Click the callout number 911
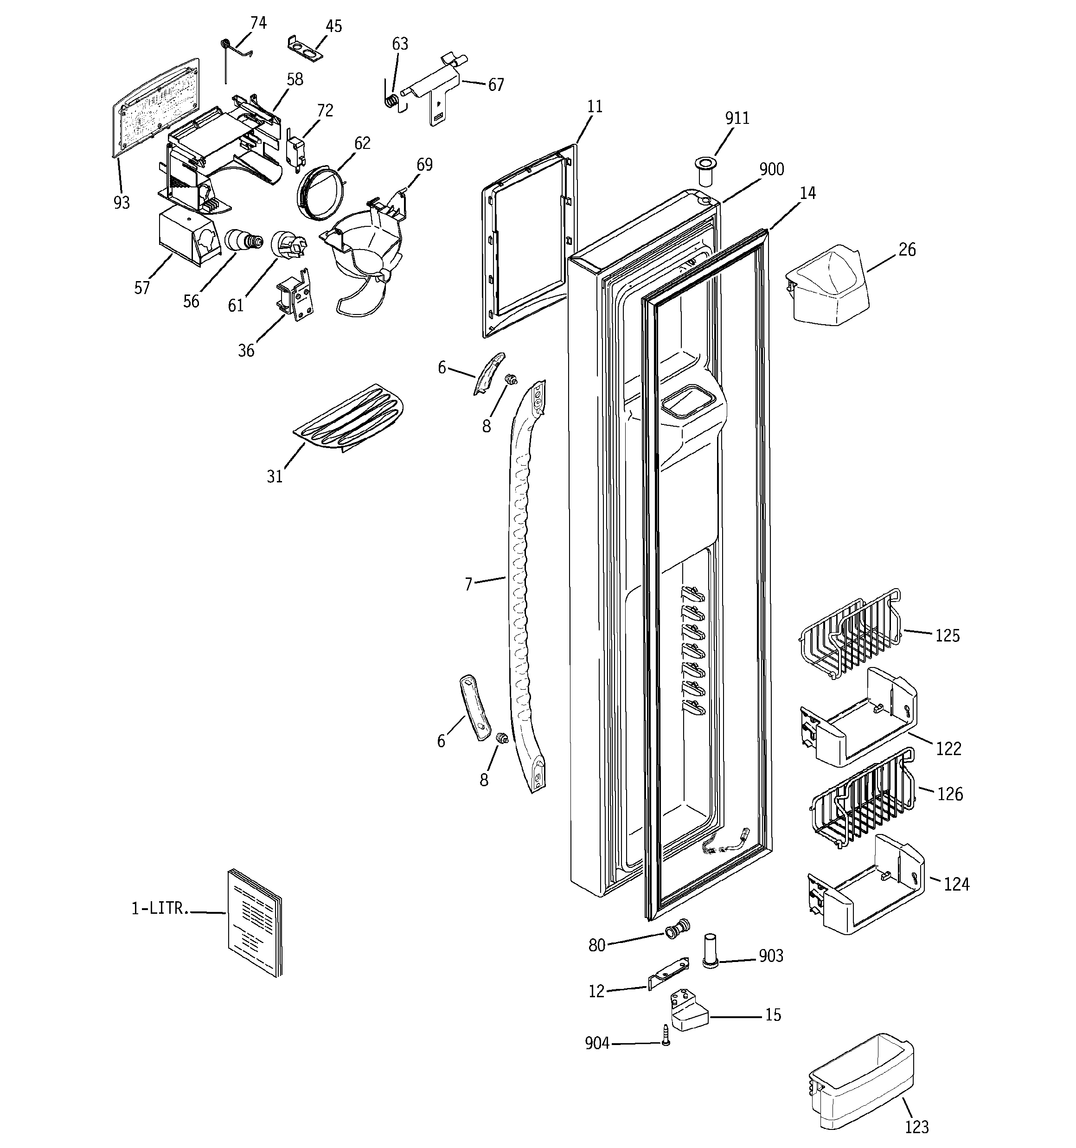tap(737, 118)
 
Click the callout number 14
tap(807, 193)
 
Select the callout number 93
tap(122, 203)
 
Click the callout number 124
tap(956, 884)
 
